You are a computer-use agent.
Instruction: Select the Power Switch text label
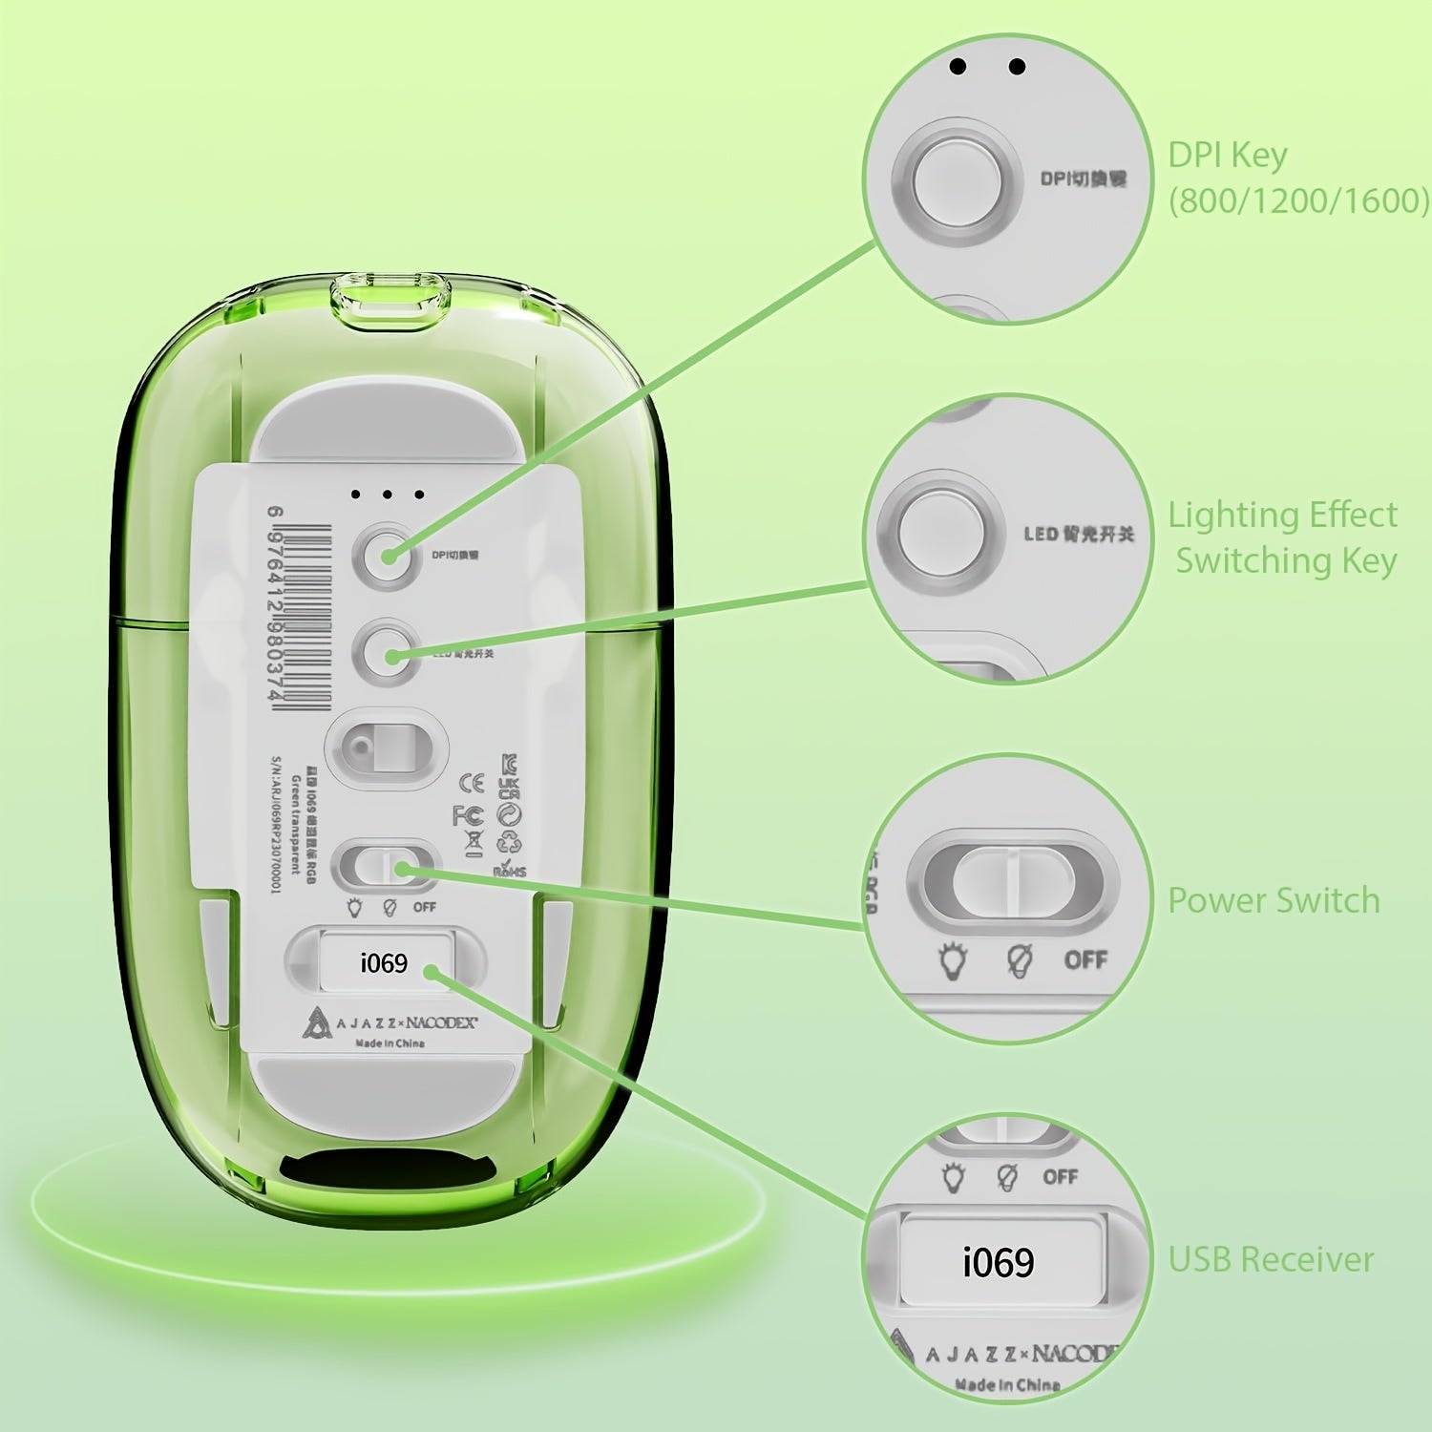(x=1274, y=900)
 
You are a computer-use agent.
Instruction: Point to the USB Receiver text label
(x=1271, y=1259)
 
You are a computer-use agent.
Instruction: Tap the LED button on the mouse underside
(x=387, y=654)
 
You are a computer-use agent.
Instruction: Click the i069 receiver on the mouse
(x=384, y=962)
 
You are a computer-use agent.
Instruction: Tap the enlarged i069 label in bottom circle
(x=999, y=1262)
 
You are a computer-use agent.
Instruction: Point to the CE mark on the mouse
(x=472, y=783)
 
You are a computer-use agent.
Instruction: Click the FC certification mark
(x=468, y=815)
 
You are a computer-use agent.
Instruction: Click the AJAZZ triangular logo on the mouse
(x=315, y=1022)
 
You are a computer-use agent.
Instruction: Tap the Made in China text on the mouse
(x=390, y=1043)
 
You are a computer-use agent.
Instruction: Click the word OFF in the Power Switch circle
(x=1085, y=959)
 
